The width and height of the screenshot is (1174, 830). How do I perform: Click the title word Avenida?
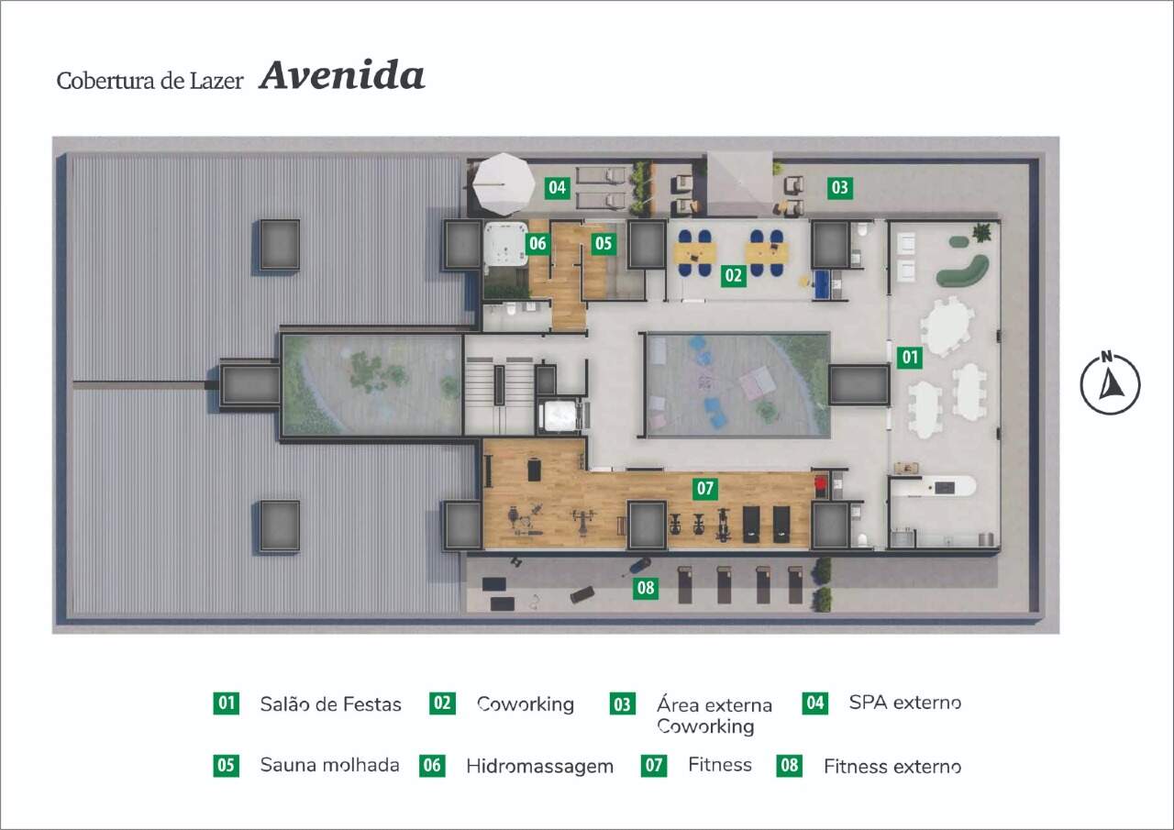point(342,76)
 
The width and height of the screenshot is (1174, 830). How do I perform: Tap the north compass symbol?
point(1110,383)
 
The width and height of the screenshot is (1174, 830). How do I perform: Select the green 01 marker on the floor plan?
point(910,358)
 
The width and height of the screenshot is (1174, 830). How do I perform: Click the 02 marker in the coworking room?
point(733,275)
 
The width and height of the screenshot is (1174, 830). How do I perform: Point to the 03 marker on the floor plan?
point(840,188)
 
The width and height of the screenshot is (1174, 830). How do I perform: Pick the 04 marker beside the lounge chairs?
point(557,187)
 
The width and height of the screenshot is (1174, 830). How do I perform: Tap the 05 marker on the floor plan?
point(604,243)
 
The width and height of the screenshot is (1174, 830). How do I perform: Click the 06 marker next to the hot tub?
point(537,243)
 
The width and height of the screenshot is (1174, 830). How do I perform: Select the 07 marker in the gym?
point(705,488)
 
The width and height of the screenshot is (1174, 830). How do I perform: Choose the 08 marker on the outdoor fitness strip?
point(645,587)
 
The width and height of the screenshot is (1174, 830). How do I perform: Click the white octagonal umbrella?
point(504,184)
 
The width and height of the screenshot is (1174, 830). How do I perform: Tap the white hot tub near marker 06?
point(505,244)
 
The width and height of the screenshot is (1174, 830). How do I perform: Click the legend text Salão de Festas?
point(331,704)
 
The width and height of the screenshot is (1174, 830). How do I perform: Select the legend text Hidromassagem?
point(540,767)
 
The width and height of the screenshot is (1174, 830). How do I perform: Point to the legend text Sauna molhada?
point(329,765)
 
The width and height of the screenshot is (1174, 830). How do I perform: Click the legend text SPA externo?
point(905,703)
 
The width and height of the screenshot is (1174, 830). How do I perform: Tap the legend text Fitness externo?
point(892,767)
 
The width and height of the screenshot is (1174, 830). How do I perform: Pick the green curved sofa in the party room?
point(964,271)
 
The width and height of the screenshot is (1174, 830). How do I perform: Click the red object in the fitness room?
point(821,483)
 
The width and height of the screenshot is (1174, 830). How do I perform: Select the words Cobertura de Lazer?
point(150,82)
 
